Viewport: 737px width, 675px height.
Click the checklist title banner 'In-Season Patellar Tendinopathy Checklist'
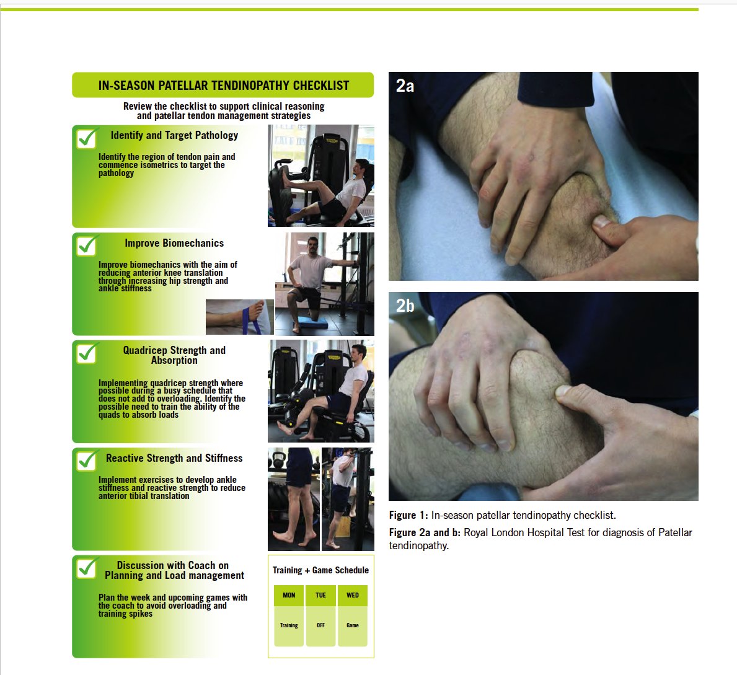click(x=223, y=85)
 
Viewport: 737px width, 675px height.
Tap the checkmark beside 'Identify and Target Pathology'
click(x=87, y=138)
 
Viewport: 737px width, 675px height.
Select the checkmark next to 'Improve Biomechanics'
click(x=87, y=245)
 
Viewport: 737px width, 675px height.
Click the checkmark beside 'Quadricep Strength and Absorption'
click(x=87, y=353)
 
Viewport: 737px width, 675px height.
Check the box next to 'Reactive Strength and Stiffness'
click(x=87, y=461)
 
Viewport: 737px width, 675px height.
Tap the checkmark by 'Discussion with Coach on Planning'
click(x=87, y=568)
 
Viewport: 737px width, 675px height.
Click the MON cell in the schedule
click(x=289, y=596)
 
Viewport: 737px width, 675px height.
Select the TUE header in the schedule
click(x=320, y=596)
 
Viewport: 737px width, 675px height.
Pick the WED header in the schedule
click(x=353, y=596)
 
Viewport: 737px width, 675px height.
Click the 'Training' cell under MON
click(x=289, y=625)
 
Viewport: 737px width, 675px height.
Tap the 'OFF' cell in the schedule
click(x=320, y=625)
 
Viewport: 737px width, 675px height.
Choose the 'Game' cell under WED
click(x=353, y=625)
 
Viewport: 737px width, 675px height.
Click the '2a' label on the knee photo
click(x=405, y=86)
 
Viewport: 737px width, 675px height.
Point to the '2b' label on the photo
click(x=405, y=306)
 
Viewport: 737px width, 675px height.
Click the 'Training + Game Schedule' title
click(x=320, y=570)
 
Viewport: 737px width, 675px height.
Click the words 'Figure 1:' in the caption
click(x=408, y=515)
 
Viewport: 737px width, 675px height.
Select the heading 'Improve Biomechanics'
click(x=174, y=243)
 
